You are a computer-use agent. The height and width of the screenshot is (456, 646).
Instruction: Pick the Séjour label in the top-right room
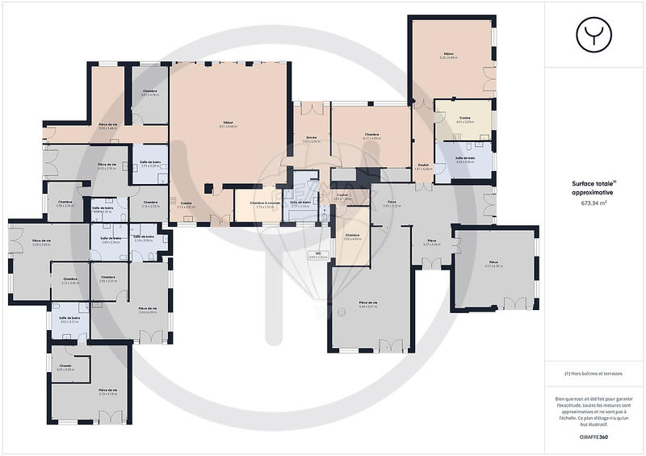448,55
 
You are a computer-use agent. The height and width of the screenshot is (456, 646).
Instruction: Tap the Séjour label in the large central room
229,125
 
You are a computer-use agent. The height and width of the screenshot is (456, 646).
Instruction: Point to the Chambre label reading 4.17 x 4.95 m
371,136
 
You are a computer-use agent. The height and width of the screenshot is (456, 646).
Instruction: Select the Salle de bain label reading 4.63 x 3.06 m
464,160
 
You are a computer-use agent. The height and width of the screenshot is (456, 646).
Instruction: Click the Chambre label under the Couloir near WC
352,238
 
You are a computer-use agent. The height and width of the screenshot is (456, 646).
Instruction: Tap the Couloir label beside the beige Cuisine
424,166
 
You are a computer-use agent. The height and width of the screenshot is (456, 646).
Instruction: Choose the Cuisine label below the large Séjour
186,205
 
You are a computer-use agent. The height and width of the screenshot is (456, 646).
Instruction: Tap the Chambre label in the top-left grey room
150,94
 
